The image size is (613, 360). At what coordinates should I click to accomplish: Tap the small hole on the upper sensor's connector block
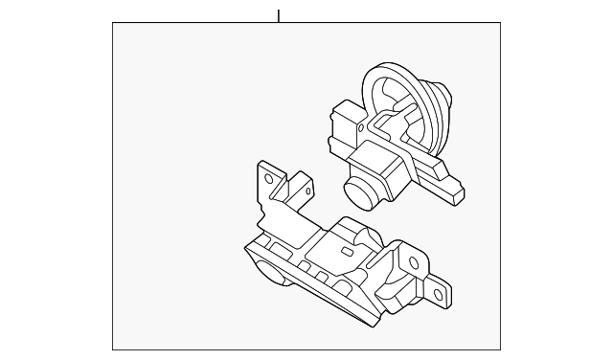tap(341, 119)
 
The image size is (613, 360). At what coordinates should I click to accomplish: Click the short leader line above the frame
tap(278, 15)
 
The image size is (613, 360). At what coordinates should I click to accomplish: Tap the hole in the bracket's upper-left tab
tap(269, 178)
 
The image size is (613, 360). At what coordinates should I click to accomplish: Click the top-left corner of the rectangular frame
tap(113, 23)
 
